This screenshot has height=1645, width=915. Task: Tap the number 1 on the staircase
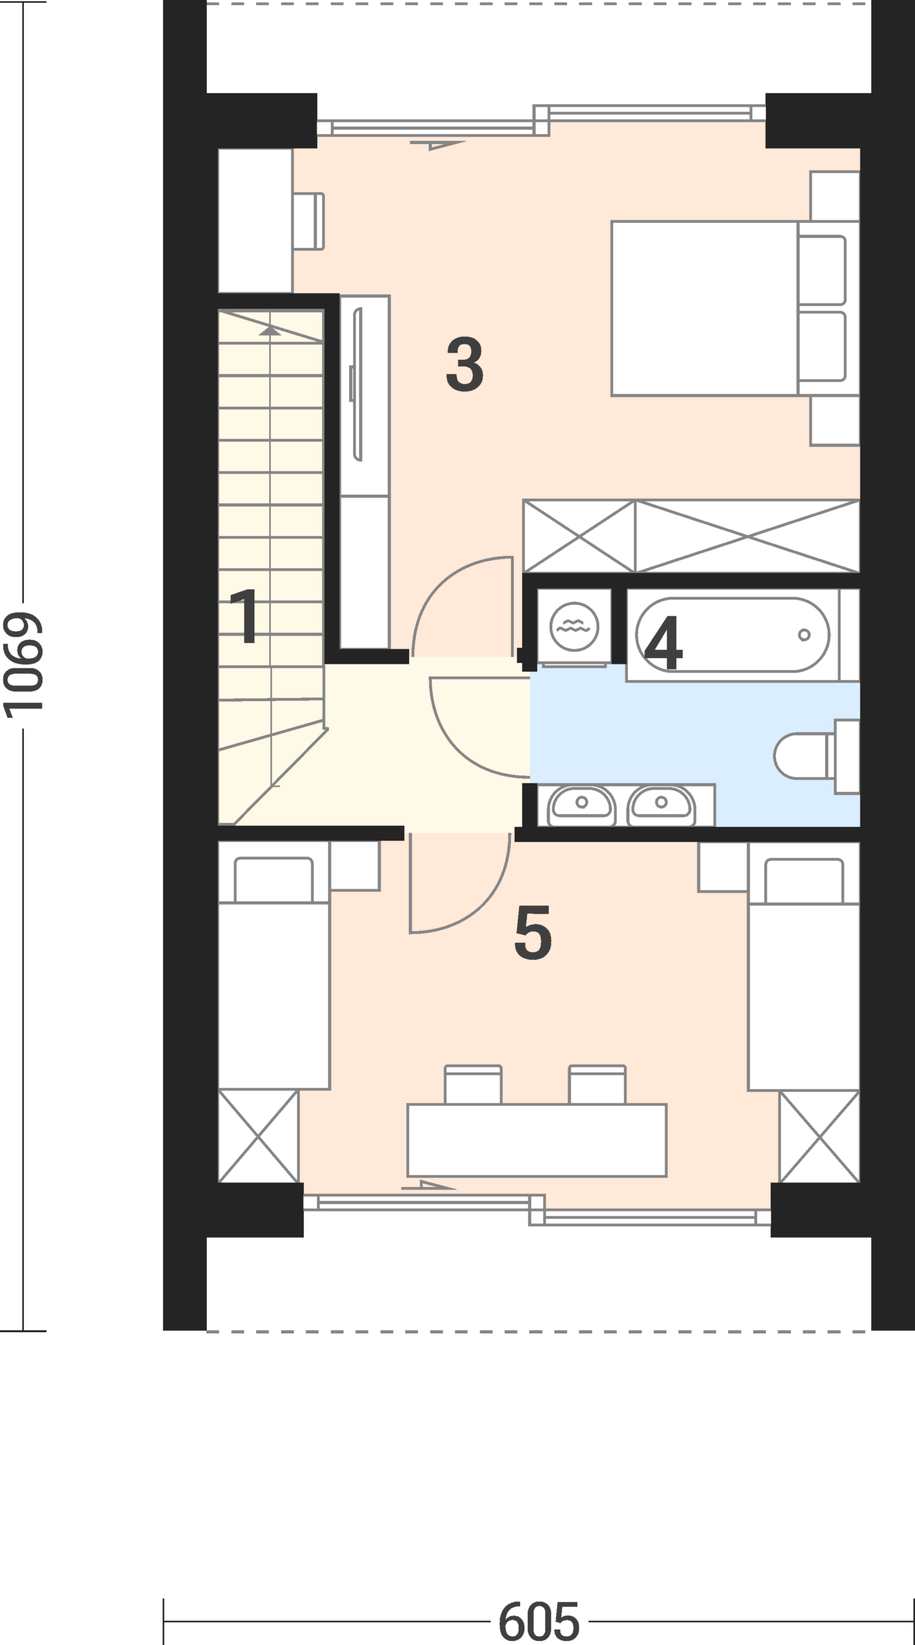246,616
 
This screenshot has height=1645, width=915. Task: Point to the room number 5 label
533,933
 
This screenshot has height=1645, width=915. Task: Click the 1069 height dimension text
23,665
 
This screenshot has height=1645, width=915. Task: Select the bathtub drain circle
804,635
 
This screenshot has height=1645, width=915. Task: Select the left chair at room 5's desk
473,1085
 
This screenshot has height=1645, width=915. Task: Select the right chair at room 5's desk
597,1085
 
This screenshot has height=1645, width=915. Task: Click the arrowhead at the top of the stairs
270,330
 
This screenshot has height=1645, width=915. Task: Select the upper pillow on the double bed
822,270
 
